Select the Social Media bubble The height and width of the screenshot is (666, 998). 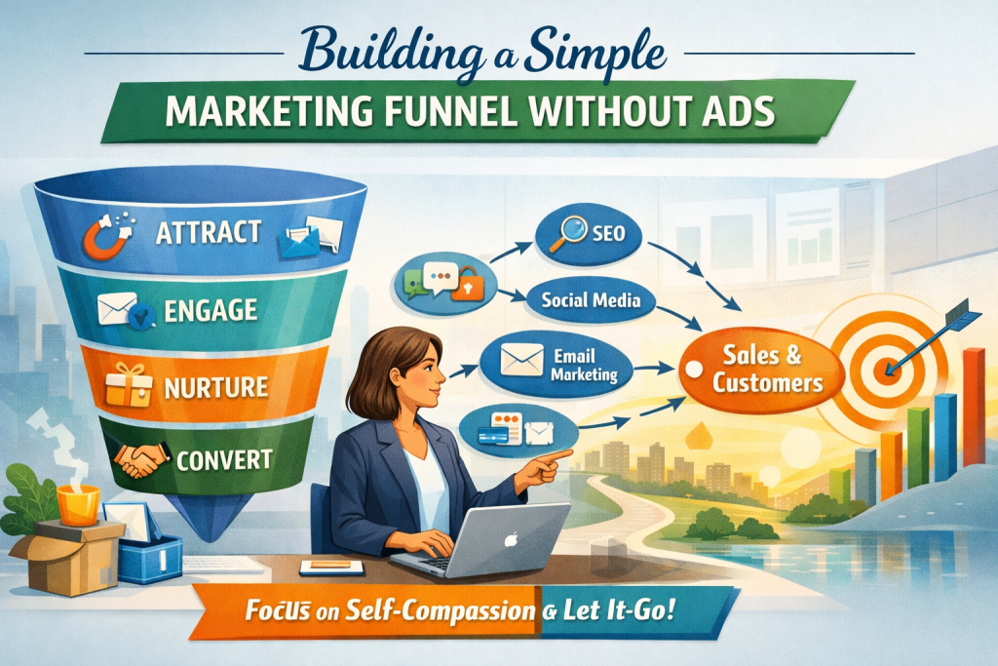point(591,300)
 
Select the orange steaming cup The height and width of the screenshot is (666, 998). point(78,505)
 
